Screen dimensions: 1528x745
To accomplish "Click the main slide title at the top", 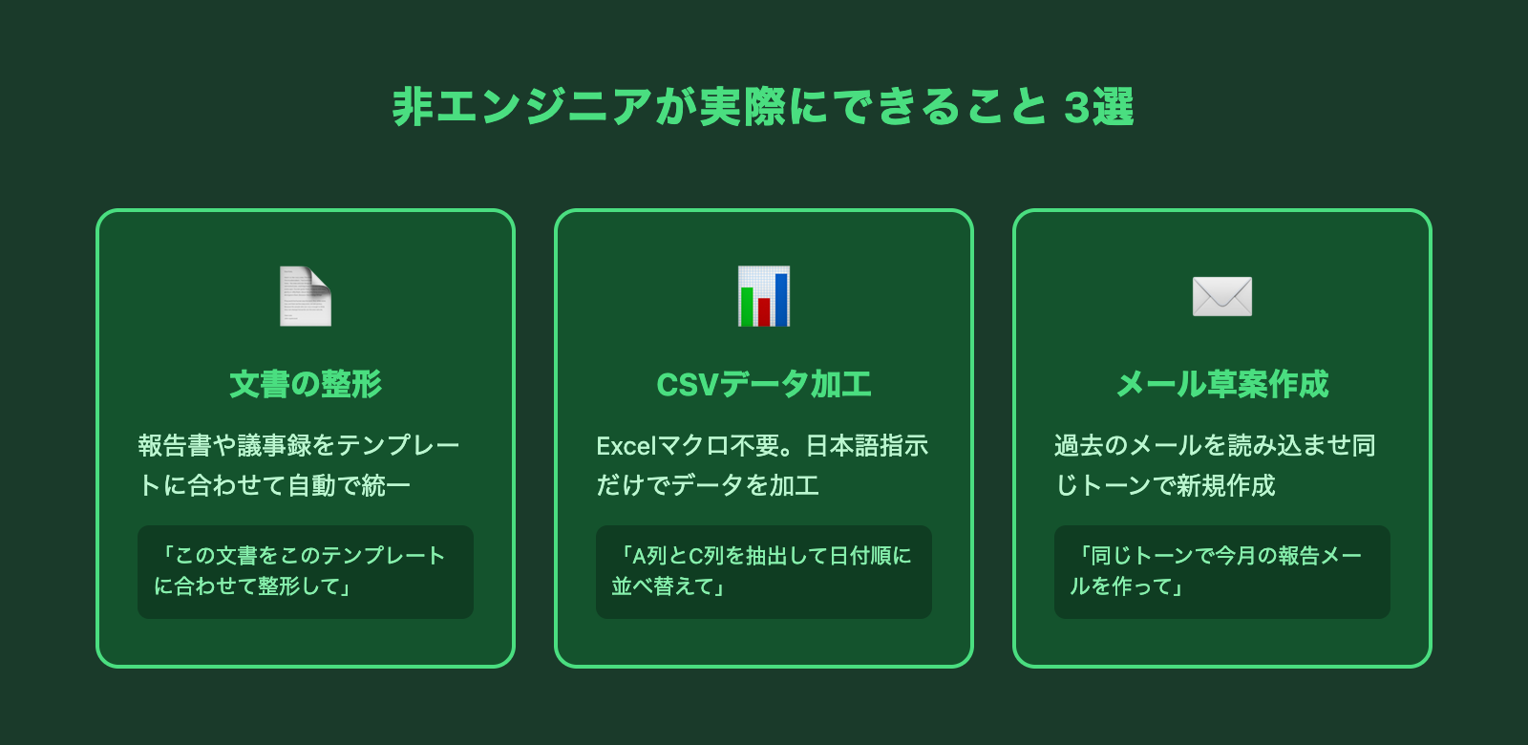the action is tap(763, 107).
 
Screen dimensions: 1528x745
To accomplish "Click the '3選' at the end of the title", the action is tap(1098, 107).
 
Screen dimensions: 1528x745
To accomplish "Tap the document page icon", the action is tap(306, 297).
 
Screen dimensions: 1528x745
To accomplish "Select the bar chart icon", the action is tap(764, 297).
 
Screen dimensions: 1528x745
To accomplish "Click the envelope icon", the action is tap(1221, 297).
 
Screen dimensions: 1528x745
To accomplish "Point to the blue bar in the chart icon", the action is tap(781, 300).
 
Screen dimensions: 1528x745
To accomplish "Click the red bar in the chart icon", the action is tap(764, 311).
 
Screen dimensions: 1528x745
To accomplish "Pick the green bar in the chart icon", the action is tap(747, 307).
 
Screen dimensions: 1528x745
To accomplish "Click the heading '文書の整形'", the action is tap(306, 384).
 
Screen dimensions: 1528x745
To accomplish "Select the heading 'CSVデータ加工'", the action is tap(764, 384).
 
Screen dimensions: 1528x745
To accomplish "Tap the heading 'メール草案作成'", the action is tap(1222, 384).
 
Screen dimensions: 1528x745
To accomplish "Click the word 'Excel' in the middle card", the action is tap(626, 446).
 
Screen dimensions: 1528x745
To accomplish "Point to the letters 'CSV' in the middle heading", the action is tap(688, 385).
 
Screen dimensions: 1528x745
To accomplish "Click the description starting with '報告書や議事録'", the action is tap(299, 465).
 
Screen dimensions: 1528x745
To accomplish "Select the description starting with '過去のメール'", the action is tap(1215, 465).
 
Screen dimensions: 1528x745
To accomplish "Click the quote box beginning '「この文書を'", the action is tap(306, 572).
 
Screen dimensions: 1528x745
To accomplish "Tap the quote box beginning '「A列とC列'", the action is tap(764, 572).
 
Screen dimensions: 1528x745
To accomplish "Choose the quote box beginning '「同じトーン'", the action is tap(1222, 572).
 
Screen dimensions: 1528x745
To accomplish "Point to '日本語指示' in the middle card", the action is tap(867, 446).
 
